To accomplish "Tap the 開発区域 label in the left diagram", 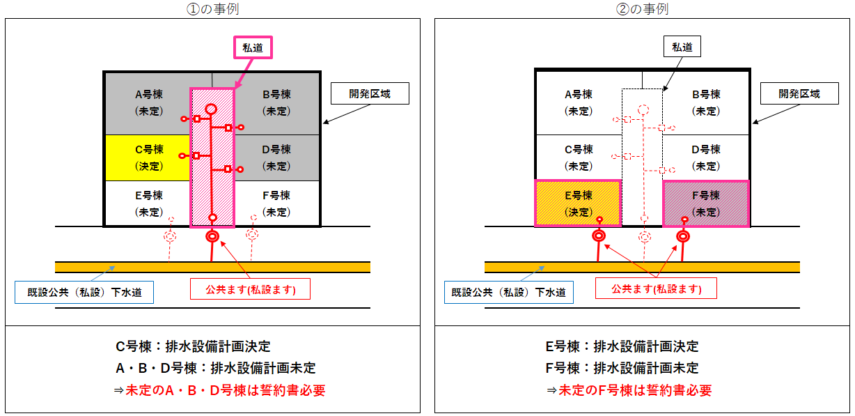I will coord(369,93).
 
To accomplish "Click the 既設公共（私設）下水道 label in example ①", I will coord(84,292).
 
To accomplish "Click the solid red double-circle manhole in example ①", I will coord(212,237).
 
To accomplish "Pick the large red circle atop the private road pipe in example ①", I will coord(211,109).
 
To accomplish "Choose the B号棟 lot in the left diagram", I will coord(276,102).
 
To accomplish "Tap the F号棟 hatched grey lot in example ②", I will coord(706,203).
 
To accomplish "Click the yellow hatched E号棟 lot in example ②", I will coord(578,203).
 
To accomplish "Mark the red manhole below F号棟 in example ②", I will coord(683,236).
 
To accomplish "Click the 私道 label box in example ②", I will coord(682,47).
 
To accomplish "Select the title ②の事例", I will coord(643,9).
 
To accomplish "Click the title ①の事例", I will coord(213,9).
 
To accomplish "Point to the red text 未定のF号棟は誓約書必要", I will coord(628,390).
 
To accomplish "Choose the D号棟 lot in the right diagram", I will coord(706,157).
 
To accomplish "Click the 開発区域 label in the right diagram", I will coord(799,93).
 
